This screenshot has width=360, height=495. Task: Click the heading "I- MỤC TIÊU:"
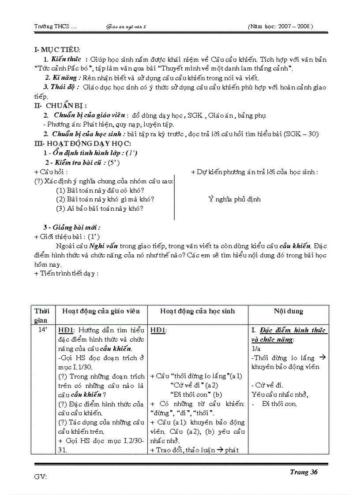[57, 50]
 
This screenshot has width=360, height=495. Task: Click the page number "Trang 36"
[304, 472]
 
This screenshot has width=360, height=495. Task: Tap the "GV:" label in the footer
[41, 476]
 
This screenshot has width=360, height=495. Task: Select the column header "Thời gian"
[42, 316]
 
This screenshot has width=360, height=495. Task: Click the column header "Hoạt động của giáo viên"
[101, 311]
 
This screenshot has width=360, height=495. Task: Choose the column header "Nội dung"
[288, 311]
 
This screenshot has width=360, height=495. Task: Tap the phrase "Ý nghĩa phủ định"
[234, 199]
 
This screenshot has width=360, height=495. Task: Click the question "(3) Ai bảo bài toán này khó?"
[99, 208]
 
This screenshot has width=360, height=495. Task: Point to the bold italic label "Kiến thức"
[64, 60]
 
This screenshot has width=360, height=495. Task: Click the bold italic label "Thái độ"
[64, 87]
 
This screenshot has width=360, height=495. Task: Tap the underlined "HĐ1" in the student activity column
[158, 330]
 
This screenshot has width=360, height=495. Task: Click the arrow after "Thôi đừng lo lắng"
[322, 358]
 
